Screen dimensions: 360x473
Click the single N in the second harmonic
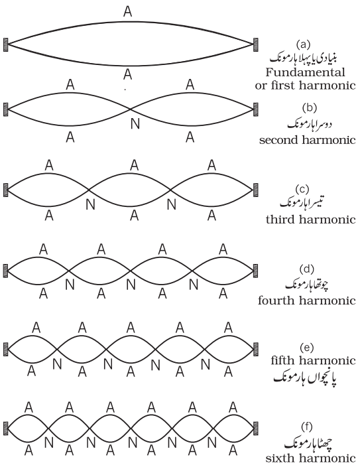pos(135,123)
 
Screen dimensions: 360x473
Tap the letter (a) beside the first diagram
pos(303,44)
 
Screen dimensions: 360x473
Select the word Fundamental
pos(305,72)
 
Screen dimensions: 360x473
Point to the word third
pos(280,220)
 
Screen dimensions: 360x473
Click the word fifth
pos(283,360)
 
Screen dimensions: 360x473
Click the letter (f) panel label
pos(307,427)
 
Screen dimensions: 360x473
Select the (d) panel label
pos(307,269)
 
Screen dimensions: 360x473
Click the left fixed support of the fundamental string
pos(5,44)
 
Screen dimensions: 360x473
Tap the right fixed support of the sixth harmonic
pos(256,429)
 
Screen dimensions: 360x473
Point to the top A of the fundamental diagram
pos(128,11)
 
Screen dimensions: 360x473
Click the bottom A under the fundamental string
pos(128,74)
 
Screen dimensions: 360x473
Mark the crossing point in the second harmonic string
pos(130,109)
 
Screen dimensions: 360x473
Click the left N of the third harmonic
pos(90,204)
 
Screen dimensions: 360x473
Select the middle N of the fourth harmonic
pos(131,285)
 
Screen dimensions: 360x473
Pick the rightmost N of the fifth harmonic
pos(206,365)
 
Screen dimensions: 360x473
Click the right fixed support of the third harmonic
pos(256,190)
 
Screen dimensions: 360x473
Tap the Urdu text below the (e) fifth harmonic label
pos(305,379)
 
